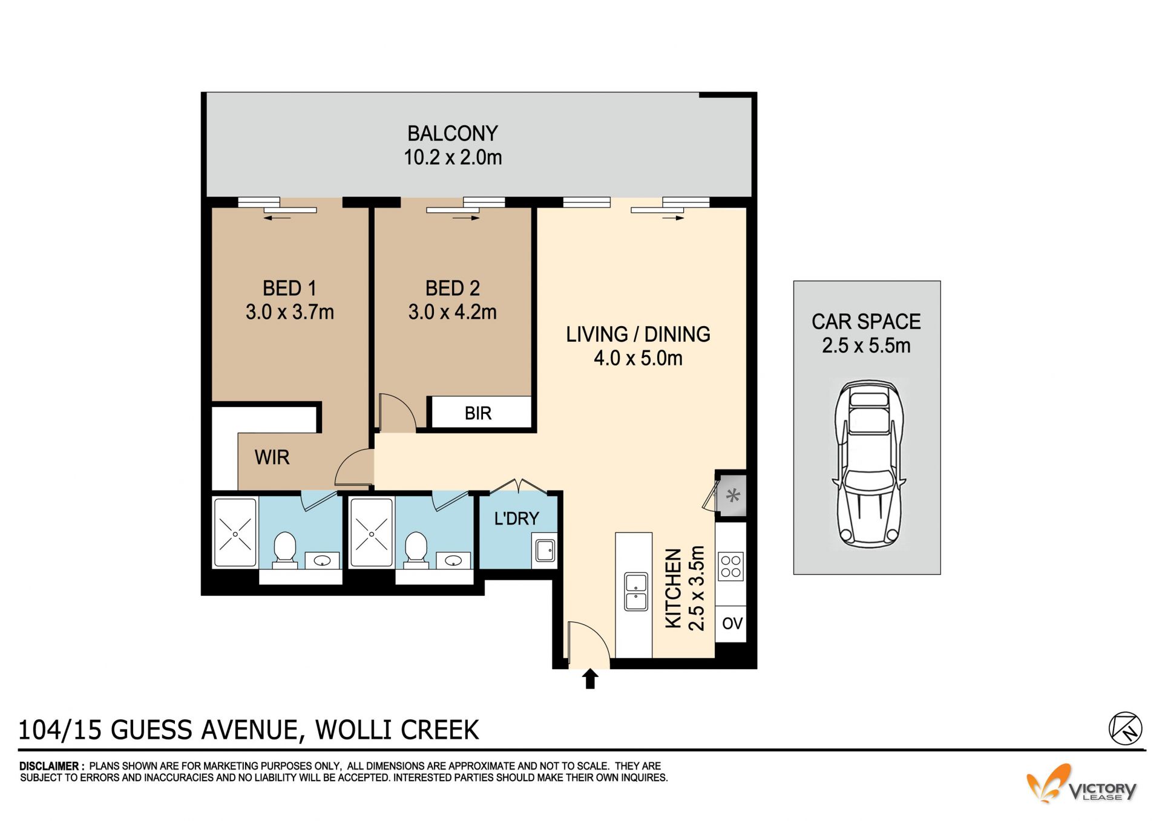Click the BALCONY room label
[452, 133]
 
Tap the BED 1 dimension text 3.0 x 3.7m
[289, 312]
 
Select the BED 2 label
[452, 288]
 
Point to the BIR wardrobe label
[478, 413]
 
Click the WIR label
[272, 457]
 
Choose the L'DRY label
[516, 518]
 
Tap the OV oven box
[732, 623]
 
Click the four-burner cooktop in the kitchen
[730, 566]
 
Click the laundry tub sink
[545, 551]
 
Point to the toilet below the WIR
[284, 550]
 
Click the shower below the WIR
[235, 533]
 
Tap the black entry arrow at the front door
[590, 679]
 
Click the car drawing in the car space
[868, 463]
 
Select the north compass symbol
[1125, 728]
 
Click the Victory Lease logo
[1082, 784]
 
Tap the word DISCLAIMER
[48, 766]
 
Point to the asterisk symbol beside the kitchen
[733, 497]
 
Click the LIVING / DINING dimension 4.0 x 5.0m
[638, 358]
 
